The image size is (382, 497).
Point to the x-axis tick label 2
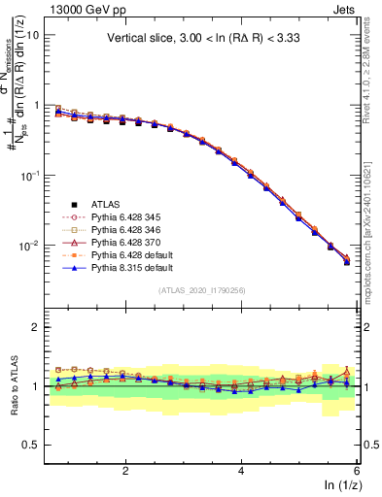coord(125,472)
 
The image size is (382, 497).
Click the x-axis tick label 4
coord(241,472)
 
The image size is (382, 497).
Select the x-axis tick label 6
coord(357,472)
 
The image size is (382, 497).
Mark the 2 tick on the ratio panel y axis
coord(35,327)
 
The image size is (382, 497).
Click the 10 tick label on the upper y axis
coord(31,35)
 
